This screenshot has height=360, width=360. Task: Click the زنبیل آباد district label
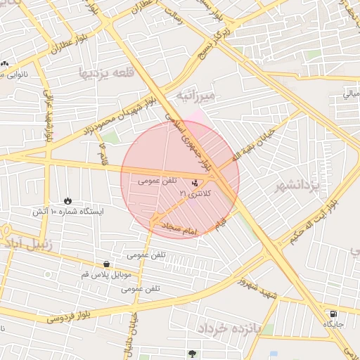[22, 244]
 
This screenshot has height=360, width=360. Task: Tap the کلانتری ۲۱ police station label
[194, 192]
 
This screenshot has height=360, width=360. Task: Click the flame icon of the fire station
[67, 200]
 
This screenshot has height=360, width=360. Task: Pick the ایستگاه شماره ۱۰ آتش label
[67, 211]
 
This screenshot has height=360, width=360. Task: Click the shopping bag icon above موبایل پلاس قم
[106, 264]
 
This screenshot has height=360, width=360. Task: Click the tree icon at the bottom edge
[192, 353]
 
